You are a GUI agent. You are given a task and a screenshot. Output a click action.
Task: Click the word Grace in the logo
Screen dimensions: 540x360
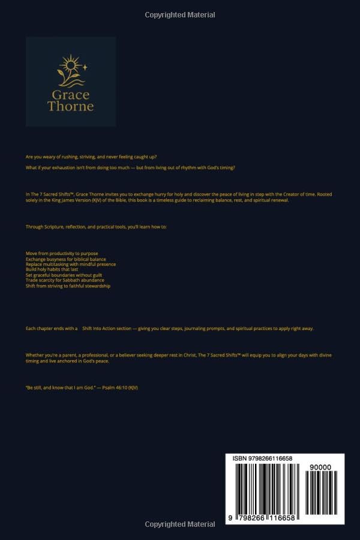click(x=71, y=95)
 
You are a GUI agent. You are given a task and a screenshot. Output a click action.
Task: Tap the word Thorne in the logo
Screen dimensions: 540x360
click(x=71, y=107)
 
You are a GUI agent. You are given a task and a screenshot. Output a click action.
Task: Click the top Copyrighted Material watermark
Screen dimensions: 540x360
click(x=180, y=14)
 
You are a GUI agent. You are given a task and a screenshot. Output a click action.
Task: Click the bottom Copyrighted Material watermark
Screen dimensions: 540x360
click(x=180, y=524)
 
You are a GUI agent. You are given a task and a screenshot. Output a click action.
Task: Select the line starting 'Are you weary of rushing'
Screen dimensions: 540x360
click(x=91, y=157)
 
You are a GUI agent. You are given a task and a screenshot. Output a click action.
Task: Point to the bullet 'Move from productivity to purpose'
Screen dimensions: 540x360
click(x=62, y=254)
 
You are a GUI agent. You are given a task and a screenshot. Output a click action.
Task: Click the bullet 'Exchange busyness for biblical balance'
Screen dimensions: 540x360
click(x=66, y=259)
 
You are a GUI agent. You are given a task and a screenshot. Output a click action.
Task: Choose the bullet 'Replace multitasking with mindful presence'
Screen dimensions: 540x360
click(x=71, y=265)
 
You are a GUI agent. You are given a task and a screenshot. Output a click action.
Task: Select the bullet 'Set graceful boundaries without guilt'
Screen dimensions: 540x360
click(x=64, y=275)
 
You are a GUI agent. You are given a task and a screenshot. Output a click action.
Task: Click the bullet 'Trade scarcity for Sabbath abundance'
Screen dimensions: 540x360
click(x=65, y=280)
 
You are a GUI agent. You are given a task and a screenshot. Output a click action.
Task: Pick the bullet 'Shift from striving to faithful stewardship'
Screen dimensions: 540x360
click(x=68, y=286)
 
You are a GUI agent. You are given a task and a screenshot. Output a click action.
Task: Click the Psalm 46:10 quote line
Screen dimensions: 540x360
click(x=82, y=388)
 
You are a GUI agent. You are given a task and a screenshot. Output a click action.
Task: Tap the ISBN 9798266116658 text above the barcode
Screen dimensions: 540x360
click(x=262, y=459)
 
